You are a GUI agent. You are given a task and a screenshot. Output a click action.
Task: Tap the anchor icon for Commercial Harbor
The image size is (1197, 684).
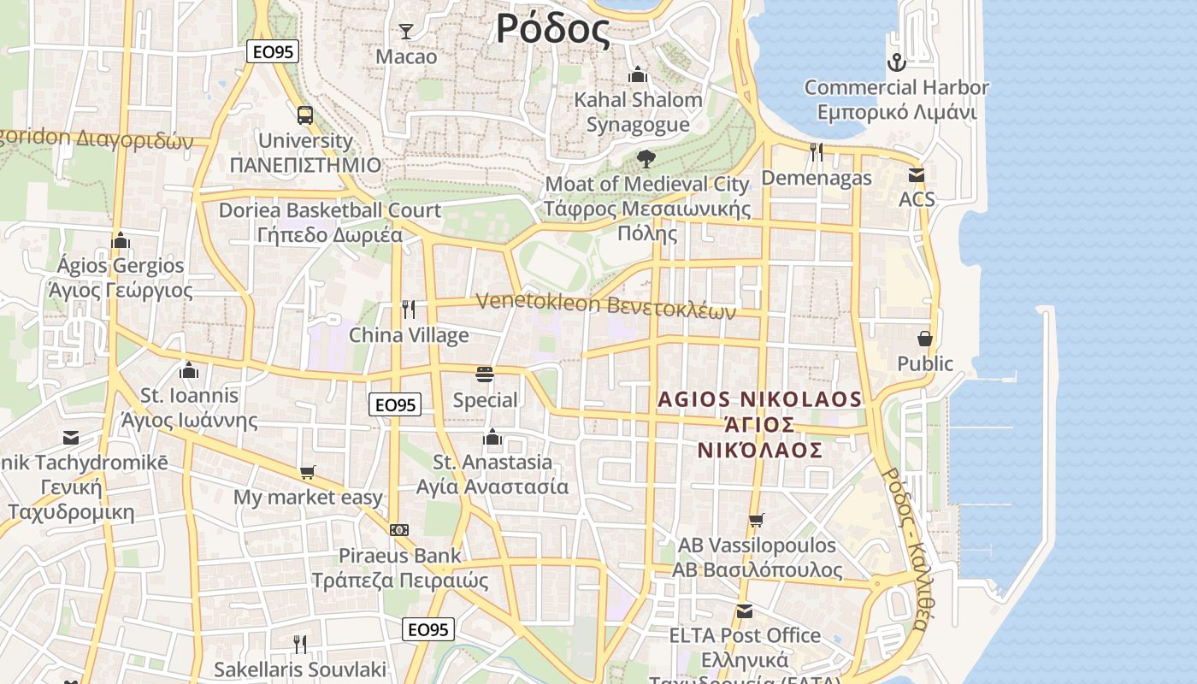[896, 62]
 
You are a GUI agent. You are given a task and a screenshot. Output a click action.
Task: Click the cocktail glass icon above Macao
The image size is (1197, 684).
[406, 32]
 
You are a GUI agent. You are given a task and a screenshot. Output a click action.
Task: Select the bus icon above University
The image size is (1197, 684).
[305, 115]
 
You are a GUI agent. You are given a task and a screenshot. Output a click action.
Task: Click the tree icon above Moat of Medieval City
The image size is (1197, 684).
[646, 158]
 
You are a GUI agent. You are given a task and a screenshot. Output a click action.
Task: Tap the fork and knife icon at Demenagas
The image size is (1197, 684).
[817, 152]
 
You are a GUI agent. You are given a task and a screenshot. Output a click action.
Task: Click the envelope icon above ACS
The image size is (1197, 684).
[917, 175]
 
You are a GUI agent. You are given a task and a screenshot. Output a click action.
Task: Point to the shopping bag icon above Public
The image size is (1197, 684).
[924, 339]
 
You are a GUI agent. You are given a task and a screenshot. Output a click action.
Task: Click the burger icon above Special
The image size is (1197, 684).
[485, 374]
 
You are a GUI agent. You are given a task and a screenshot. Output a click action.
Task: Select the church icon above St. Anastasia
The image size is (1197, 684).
[492, 438]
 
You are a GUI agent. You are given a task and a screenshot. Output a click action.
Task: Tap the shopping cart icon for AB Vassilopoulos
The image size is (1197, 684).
[756, 520]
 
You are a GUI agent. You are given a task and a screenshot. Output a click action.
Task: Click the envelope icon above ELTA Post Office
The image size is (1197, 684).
[745, 610]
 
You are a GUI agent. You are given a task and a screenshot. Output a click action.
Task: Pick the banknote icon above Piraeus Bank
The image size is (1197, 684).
[399, 530]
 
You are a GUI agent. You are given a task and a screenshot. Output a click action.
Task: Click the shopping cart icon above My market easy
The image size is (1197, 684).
[308, 472]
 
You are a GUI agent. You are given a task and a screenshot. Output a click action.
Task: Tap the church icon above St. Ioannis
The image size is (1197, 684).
[189, 370]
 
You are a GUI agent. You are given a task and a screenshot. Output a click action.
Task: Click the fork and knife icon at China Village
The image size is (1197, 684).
[409, 310]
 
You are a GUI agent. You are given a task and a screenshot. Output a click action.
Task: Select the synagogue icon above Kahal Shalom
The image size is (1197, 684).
[637, 75]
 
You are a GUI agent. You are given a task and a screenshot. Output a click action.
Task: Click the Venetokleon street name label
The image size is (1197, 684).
[605, 305]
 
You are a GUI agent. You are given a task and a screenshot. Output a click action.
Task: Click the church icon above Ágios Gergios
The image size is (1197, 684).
[121, 240]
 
